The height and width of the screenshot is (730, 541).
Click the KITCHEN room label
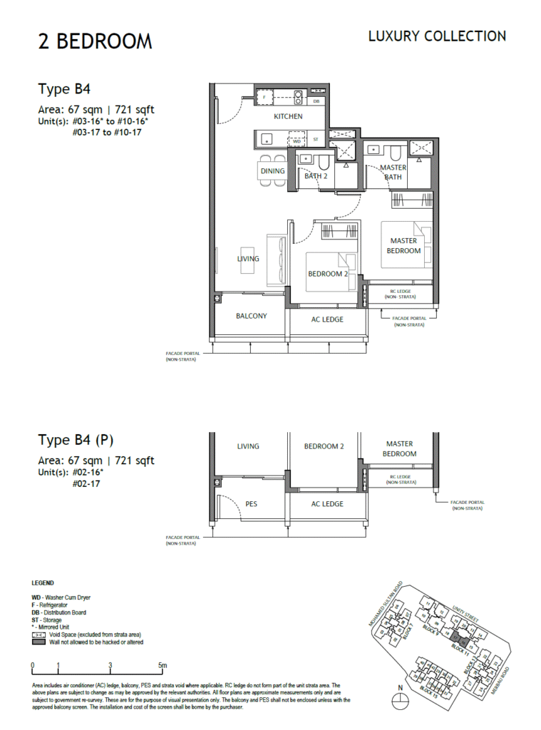pos(288,116)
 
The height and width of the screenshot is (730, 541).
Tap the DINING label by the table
pos(272,171)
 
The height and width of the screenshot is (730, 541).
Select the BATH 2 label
pos(315,175)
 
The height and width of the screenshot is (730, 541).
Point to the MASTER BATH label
pos(393,172)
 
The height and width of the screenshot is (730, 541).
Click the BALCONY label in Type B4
pos(251,316)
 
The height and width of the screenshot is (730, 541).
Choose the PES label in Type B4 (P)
pos(251,503)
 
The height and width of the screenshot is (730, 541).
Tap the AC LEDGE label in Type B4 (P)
pos(327,504)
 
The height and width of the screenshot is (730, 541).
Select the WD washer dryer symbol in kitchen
pos(297,142)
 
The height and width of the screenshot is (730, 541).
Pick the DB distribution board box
pos(316,102)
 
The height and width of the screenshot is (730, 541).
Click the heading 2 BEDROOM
pos(95,41)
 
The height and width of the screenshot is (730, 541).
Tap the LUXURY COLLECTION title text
pos(437,36)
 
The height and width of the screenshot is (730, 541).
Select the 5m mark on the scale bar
pos(163,666)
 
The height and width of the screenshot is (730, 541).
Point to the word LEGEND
pos(43,583)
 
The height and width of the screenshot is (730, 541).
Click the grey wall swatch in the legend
pos(39,642)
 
